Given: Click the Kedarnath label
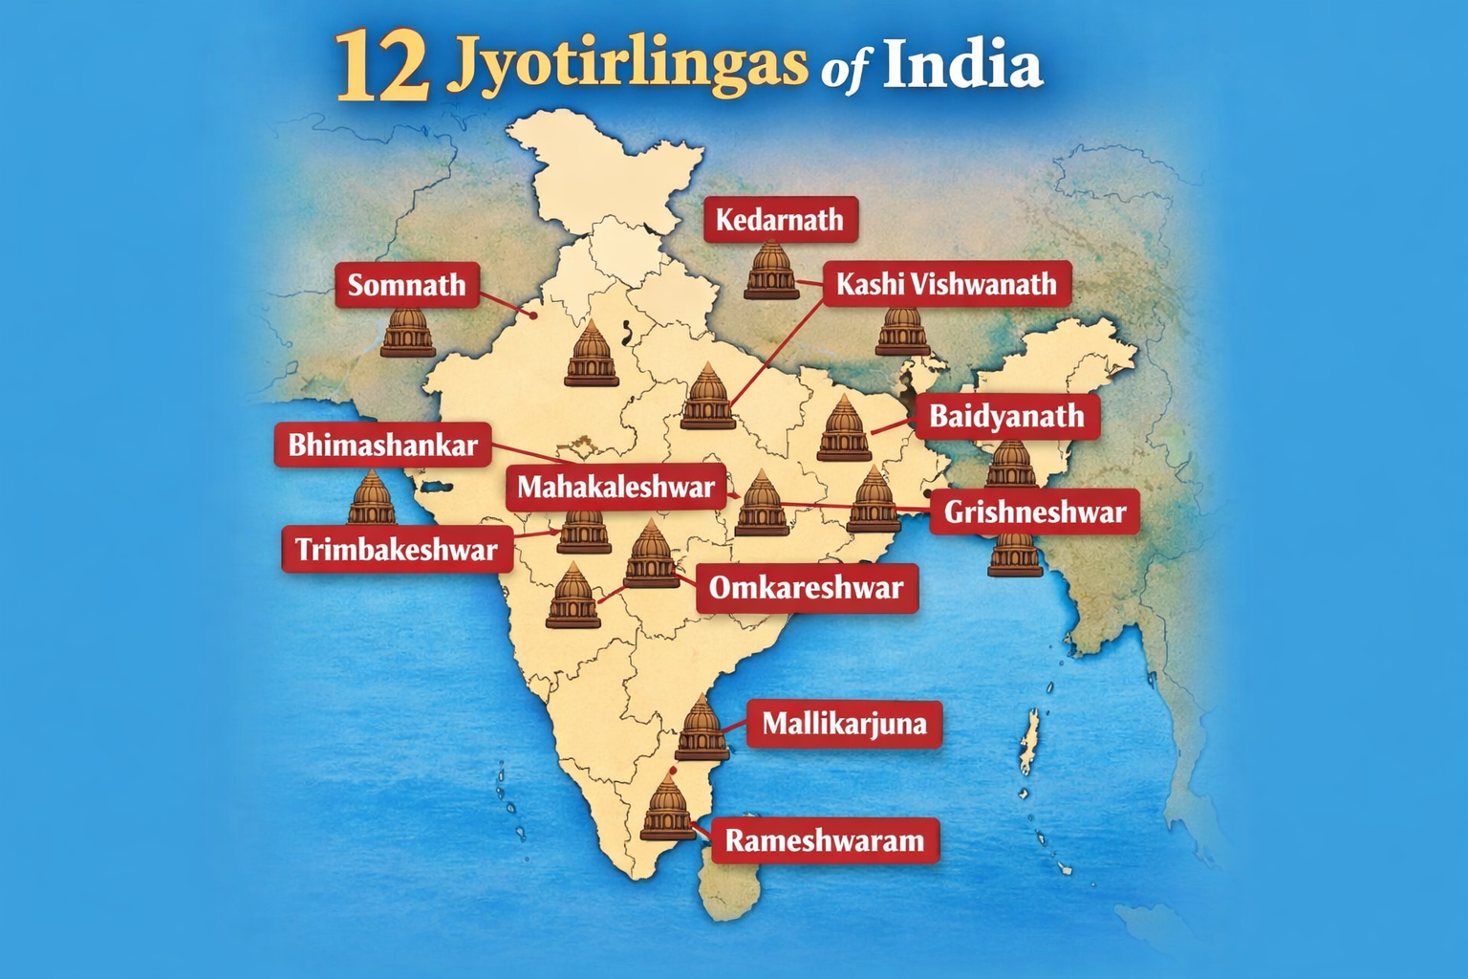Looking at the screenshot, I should click(780, 220).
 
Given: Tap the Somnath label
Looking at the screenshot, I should click(406, 285).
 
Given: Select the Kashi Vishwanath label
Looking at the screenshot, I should click(946, 284).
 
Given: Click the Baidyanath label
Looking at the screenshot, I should click(1006, 416).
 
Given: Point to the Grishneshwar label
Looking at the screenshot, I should click(1034, 511).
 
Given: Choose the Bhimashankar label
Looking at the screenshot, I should click(382, 445).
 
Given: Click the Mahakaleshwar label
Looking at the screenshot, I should click(615, 487).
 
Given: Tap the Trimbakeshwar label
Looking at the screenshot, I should click(396, 549).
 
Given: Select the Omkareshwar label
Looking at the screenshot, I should click(806, 587).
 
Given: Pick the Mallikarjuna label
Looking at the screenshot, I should click(844, 724).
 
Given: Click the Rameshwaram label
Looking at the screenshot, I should click(824, 840).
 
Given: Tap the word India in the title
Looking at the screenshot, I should click(961, 65).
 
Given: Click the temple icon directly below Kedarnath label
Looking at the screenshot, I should click(771, 271).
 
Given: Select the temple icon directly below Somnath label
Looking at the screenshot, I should click(408, 332).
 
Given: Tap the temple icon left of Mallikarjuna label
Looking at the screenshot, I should click(702, 729).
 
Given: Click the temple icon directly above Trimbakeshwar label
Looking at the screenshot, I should click(372, 498).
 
